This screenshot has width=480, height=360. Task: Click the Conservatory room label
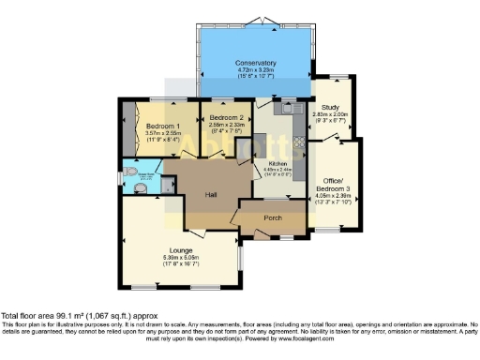click(x=256, y=63)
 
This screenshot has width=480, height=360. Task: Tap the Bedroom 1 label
click(x=162, y=126)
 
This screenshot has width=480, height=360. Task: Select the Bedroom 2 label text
click(x=224, y=118)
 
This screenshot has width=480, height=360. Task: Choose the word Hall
click(x=212, y=194)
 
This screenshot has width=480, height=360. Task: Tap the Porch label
click(x=273, y=218)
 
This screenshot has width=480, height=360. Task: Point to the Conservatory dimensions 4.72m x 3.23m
click(x=256, y=69)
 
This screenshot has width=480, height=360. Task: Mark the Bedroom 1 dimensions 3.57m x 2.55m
click(x=162, y=133)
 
